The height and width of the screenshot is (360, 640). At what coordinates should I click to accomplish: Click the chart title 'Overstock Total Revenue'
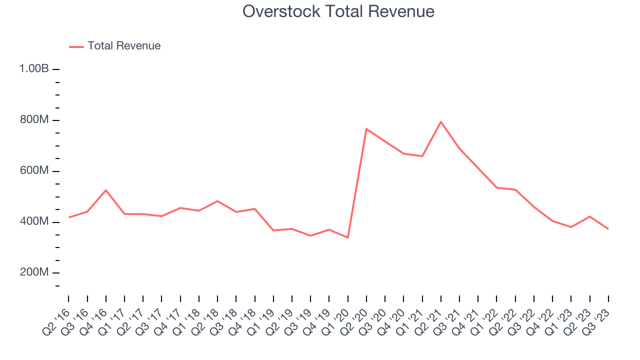tap(338, 11)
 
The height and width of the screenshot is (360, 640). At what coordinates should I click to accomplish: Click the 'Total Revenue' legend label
tap(124, 46)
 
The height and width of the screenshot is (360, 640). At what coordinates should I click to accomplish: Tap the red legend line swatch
tap(76, 46)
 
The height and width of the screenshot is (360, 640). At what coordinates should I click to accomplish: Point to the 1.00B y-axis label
tap(34, 69)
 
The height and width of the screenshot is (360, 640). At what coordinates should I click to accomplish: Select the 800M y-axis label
tap(34, 120)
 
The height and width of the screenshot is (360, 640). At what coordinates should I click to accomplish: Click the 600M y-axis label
tap(34, 171)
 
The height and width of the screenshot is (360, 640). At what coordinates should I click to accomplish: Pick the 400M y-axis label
tap(34, 222)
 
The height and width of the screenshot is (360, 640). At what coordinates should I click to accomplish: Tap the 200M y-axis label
tap(34, 273)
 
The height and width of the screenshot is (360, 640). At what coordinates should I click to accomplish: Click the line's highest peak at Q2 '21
tap(440, 121)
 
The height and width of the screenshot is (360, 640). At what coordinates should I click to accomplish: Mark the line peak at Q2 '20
tap(366, 129)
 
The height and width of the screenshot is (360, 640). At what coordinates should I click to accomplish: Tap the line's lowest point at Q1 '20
tap(347, 237)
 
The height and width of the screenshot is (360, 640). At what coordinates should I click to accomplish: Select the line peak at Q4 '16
tap(106, 190)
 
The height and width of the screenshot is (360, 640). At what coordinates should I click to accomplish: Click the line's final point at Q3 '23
tap(608, 228)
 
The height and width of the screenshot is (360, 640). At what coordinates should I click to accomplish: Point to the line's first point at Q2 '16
tap(68, 217)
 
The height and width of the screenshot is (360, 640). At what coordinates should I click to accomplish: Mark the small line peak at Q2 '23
tap(589, 216)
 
